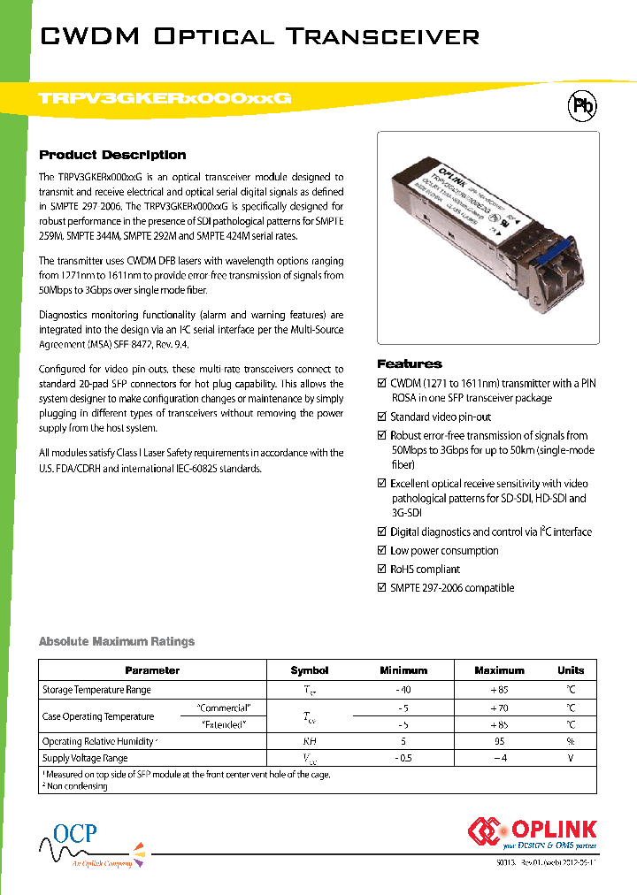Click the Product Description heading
tap(113, 155)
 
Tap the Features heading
tap(410, 363)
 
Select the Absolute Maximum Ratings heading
tap(117, 641)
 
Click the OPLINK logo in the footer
tap(533, 833)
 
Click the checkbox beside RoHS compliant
tap(382, 570)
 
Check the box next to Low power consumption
tap(382, 551)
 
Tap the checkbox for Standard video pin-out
tap(382, 417)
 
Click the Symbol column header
tap(309, 670)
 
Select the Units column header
tap(571, 670)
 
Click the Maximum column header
tap(499, 670)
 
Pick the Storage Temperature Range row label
tap(96, 690)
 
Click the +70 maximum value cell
tap(499, 708)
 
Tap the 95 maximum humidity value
tap(499, 741)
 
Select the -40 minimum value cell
tap(403, 690)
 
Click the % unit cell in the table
tap(571, 741)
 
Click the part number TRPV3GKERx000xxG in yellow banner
tap(165, 99)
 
